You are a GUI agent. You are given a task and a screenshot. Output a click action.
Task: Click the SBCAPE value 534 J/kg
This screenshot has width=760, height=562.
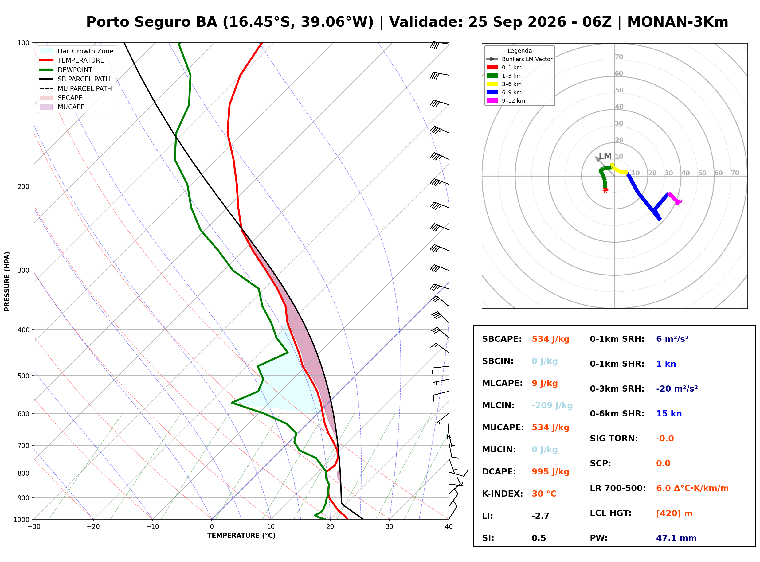(x=550, y=339)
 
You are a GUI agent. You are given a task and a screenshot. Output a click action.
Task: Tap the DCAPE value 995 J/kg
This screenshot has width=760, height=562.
(x=550, y=472)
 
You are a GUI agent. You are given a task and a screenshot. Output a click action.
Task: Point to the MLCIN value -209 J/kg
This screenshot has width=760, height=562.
(x=552, y=405)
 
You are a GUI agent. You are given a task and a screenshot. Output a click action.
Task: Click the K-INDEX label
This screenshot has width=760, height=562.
(x=503, y=494)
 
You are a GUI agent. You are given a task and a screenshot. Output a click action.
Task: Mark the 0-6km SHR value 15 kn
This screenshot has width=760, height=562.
(x=669, y=414)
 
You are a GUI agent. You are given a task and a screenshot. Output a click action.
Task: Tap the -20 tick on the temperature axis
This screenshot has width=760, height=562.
(x=93, y=527)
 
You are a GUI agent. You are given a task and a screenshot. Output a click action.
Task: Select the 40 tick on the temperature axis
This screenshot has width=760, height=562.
(x=449, y=527)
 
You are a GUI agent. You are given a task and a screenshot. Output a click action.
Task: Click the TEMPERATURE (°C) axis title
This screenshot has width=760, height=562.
(x=241, y=536)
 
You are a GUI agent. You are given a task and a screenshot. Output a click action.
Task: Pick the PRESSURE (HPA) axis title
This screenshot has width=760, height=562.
(x=7, y=281)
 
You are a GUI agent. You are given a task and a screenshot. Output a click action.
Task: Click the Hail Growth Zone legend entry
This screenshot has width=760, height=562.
(x=76, y=51)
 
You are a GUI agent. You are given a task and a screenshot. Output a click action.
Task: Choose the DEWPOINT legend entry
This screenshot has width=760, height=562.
(x=66, y=70)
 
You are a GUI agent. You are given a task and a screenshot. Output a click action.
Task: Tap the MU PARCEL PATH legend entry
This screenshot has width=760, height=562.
(x=76, y=88)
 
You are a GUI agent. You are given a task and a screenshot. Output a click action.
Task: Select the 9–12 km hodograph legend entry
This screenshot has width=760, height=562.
(x=506, y=101)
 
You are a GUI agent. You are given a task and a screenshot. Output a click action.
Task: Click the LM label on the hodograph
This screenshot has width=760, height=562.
(x=605, y=156)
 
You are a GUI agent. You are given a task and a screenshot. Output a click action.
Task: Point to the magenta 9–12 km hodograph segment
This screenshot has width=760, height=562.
(x=675, y=199)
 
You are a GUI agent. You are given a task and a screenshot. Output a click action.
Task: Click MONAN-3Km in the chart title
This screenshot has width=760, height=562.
(x=678, y=22)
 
